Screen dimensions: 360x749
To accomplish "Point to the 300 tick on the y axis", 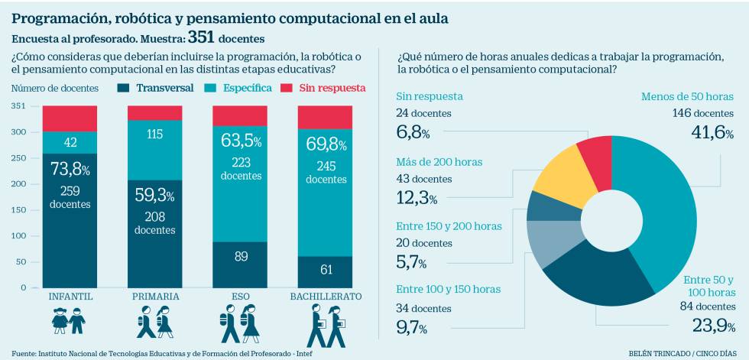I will click(x=18, y=132).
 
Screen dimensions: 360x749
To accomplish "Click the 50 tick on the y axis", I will click(x=21, y=261).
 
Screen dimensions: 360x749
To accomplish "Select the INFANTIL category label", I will click(x=70, y=296).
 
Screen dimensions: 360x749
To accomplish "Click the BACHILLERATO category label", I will click(x=325, y=296).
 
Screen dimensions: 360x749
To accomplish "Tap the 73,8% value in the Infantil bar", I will click(x=70, y=169).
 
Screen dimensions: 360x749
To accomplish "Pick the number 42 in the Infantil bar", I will click(x=70, y=142).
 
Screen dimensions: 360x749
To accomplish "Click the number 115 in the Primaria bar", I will click(x=155, y=134).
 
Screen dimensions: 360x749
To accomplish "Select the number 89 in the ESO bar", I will click(x=240, y=257).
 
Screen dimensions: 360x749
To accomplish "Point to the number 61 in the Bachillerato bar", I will click(x=325, y=268).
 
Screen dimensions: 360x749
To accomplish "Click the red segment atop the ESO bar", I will click(x=240, y=115).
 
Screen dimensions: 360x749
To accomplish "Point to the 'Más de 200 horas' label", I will click(x=439, y=162).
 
